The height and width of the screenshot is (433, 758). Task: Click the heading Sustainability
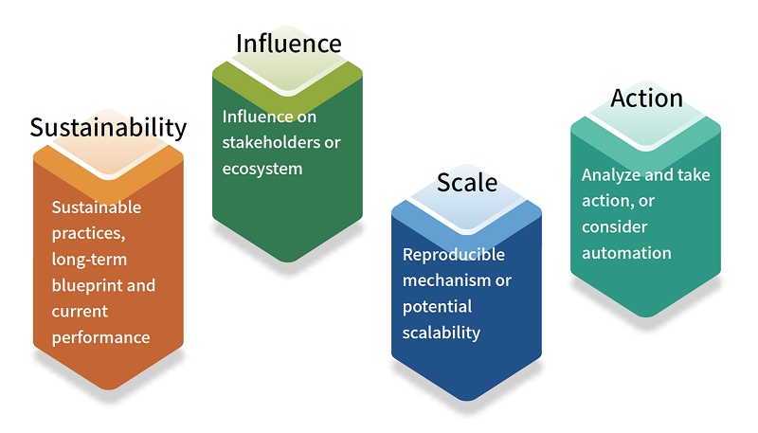tap(108, 128)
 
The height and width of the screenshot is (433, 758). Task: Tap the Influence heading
tap(289, 44)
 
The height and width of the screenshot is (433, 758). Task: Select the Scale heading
tap(467, 183)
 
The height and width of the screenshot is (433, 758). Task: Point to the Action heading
tap(647, 99)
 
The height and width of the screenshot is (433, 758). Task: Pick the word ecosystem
tap(262, 170)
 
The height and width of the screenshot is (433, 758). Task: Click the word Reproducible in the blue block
tap(454, 254)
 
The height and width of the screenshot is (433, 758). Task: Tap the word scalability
tap(442, 333)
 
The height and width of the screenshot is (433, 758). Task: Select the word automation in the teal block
tap(626, 253)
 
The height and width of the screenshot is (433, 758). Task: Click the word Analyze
tap(607, 175)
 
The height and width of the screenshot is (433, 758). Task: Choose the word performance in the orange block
tap(101, 338)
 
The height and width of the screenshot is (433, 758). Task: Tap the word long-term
tap(89, 260)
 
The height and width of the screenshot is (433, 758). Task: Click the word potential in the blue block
tap(438, 307)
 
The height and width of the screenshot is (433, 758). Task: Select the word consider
tap(614, 226)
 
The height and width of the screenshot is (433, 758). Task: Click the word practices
tap(88, 233)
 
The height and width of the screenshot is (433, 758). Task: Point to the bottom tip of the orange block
tap(109, 389)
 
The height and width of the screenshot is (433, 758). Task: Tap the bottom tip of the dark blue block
tap(467, 401)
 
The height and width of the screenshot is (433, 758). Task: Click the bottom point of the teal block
tap(646, 317)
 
